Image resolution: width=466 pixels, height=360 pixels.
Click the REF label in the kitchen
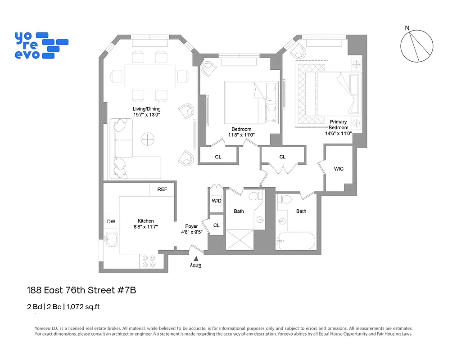pyautogui.click(x=162, y=189)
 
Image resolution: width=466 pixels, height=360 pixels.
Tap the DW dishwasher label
pyautogui.click(x=111, y=221)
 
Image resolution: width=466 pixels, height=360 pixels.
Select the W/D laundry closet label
pyautogui.click(x=217, y=201)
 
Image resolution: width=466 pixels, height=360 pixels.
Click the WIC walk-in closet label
pyautogui.click(x=339, y=169)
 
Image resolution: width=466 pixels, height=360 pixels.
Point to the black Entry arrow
pyautogui.click(x=195, y=259)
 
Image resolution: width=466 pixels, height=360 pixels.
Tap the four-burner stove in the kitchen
pyautogui.click(x=149, y=261)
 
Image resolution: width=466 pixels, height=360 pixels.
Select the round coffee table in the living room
pyautogui.click(x=148, y=140)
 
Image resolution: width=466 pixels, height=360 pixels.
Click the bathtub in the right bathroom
pyautogui.click(x=296, y=241)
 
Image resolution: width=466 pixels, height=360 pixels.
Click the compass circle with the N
pyautogui.click(x=417, y=46)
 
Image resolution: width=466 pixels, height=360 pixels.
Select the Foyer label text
pyautogui.click(x=191, y=226)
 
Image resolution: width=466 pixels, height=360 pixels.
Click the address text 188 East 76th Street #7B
pyautogui.click(x=81, y=290)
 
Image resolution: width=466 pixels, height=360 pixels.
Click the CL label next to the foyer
pyautogui.click(x=217, y=225)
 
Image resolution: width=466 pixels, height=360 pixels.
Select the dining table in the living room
pyautogui.click(x=149, y=76)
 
